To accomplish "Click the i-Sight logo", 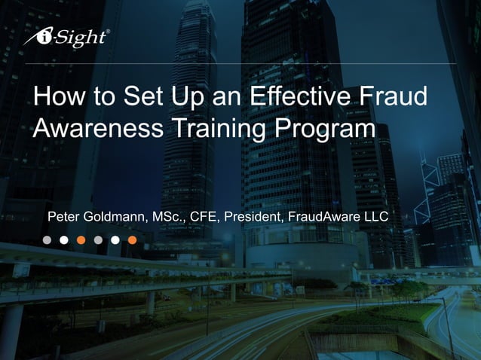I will pos(66,38).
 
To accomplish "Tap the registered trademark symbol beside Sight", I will pos(108,32).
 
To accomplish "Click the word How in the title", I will pos(57,99).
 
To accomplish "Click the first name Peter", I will pos(64,217).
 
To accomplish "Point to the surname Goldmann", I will pos(116,217).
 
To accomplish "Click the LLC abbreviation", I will pos(376,217).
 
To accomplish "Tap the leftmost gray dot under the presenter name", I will pos(47,240).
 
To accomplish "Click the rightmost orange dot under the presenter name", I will pos(133,240).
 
